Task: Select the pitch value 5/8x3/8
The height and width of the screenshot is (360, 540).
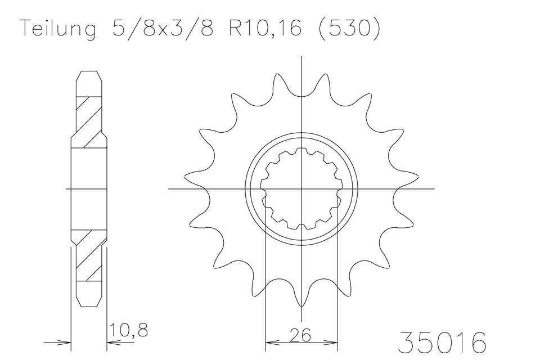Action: tap(159, 29)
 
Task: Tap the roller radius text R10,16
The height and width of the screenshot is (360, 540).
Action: tap(264, 29)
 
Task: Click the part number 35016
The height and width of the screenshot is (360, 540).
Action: tap(442, 342)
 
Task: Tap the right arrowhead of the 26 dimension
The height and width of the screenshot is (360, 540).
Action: tap(333, 341)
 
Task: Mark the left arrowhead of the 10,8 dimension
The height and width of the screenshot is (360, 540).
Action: tap(66, 341)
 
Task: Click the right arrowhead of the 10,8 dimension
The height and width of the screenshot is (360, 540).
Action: tap(111, 341)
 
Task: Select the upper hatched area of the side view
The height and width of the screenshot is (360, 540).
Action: tap(89, 121)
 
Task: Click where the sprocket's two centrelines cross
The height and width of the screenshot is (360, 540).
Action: tap(302, 188)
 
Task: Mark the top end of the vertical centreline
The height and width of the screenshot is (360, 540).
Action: tap(302, 57)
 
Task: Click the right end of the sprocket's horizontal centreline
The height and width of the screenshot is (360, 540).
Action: tap(433, 188)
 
